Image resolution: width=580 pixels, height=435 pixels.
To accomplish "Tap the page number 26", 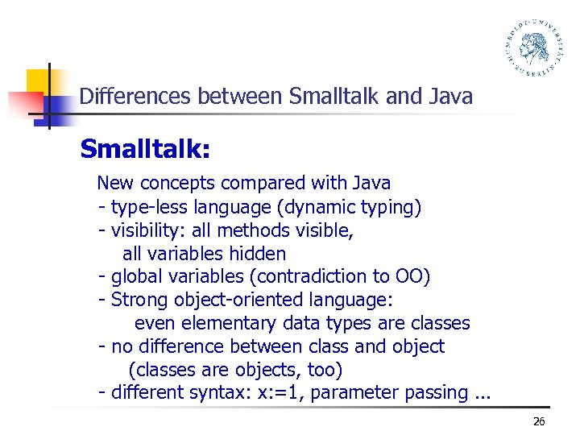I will [539, 421].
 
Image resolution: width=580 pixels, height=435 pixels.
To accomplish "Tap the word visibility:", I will [149, 230].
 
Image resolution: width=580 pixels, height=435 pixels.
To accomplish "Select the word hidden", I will [257, 254].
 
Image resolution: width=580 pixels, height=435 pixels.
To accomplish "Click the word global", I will [138, 276].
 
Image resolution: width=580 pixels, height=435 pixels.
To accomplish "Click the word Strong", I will [138, 300].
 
